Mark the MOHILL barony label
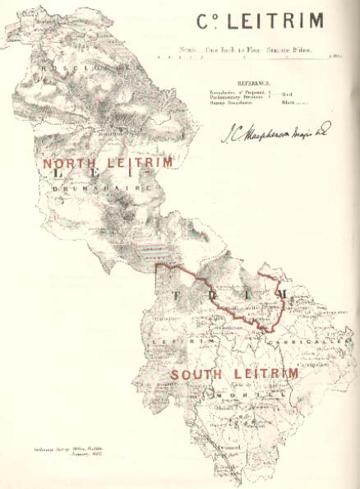242,394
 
